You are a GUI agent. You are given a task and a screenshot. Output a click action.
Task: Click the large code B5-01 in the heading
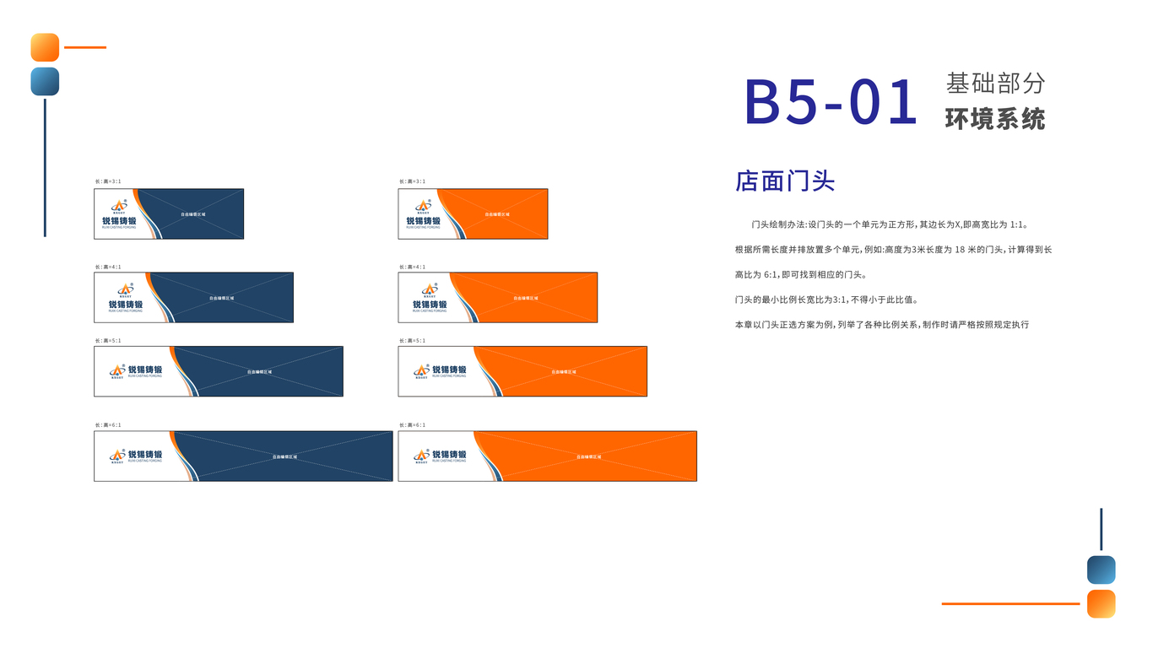[831, 102]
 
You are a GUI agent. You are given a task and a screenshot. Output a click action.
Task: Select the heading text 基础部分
[995, 83]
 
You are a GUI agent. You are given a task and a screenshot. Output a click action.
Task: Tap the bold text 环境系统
[995, 119]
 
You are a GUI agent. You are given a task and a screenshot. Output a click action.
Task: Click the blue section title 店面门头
[785, 181]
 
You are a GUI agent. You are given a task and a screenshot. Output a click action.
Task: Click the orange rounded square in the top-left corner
[45, 47]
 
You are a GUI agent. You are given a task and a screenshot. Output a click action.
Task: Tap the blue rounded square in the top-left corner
[45, 82]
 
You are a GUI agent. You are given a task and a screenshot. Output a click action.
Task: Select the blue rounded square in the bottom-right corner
[1101, 570]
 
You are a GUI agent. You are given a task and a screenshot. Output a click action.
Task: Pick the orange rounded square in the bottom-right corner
[1101, 604]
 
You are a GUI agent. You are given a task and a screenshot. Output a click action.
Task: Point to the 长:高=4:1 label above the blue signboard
[108, 267]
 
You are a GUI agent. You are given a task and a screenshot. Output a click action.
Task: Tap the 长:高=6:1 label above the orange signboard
[412, 425]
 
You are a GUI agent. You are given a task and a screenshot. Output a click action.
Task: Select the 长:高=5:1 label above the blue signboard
[108, 341]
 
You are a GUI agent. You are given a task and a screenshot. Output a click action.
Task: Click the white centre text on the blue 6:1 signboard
[284, 456]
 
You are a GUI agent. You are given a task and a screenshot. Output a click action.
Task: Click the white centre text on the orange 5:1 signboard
[564, 372]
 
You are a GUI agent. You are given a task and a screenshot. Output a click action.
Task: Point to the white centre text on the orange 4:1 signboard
[525, 298]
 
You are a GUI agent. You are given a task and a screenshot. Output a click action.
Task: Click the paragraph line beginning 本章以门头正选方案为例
[882, 325]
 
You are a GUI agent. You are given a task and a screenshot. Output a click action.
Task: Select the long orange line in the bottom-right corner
[1010, 604]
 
